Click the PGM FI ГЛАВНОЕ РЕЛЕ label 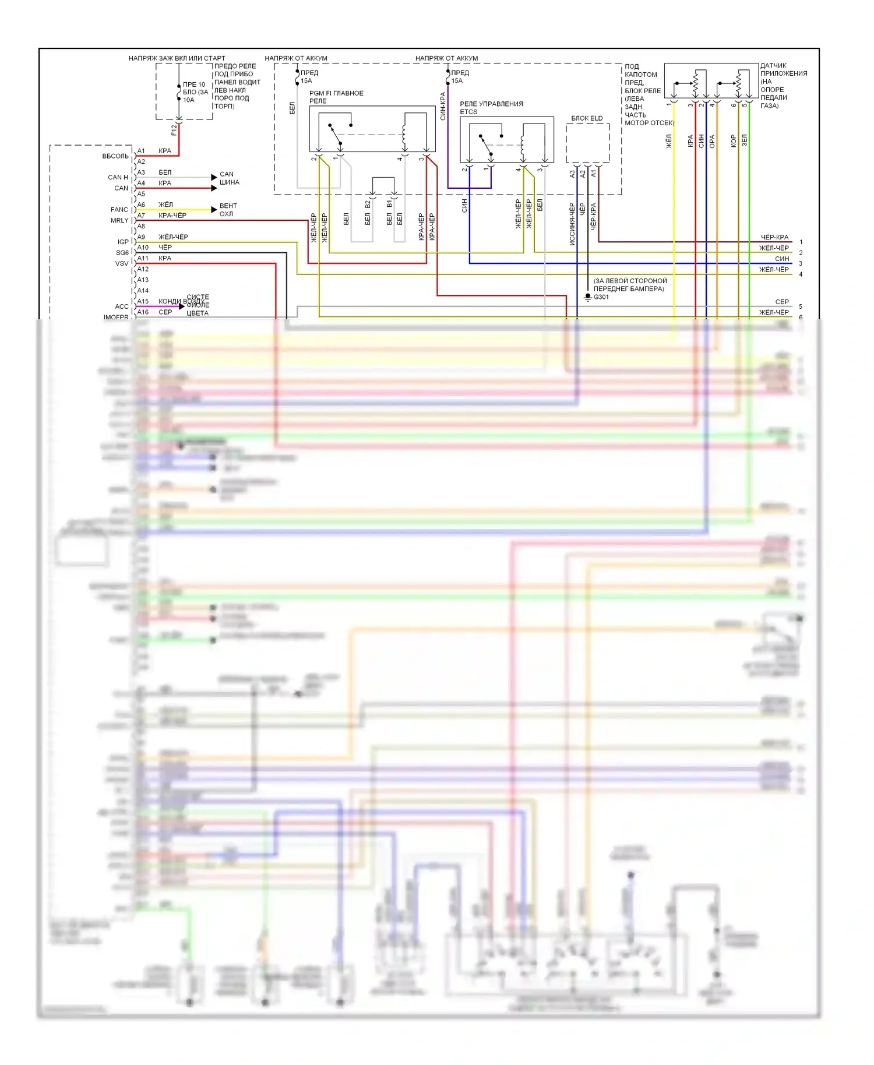pyautogui.click(x=336, y=97)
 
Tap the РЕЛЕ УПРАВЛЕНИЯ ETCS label pyautogui.click(x=491, y=107)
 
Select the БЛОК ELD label pyautogui.click(x=587, y=118)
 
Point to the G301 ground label pyautogui.click(x=601, y=297)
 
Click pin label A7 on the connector pyautogui.click(x=141, y=216)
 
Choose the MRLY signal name pyautogui.click(x=119, y=221)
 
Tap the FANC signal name pyautogui.click(x=119, y=210)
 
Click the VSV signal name pyautogui.click(x=122, y=264)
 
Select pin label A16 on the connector pyautogui.click(x=143, y=312)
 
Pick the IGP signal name pyautogui.click(x=123, y=242)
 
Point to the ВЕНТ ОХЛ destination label pyautogui.click(x=227, y=210)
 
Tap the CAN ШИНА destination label pyautogui.click(x=228, y=178)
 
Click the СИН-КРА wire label pyautogui.click(x=443, y=107)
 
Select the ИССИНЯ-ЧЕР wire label pyautogui.click(x=572, y=224)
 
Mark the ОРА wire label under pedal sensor pyautogui.click(x=712, y=141)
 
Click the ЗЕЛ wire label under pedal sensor pyautogui.click(x=744, y=140)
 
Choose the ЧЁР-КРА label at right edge pyautogui.click(x=774, y=237)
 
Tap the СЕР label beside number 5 pyautogui.click(x=781, y=302)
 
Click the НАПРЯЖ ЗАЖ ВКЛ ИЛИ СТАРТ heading pyautogui.click(x=177, y=58)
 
